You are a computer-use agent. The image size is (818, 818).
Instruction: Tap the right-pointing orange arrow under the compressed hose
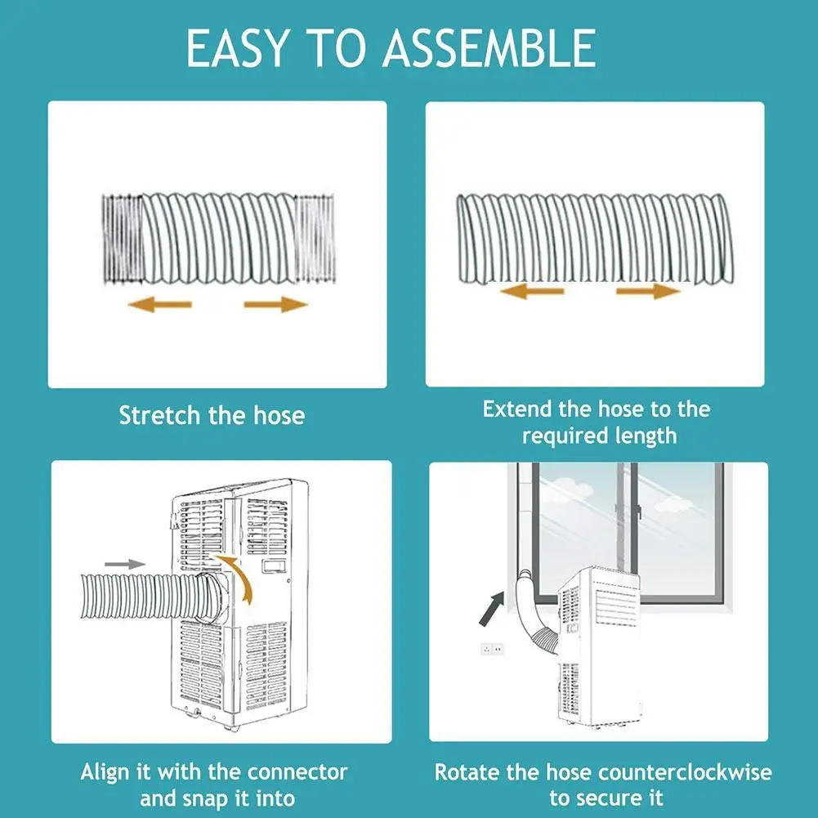275,304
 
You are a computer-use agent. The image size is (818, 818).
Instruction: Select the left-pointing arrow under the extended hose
532,291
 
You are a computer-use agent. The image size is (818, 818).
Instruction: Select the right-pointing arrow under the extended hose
648,291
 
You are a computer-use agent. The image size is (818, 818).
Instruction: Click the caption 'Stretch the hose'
212,415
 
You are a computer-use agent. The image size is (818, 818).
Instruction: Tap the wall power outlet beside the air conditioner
493,649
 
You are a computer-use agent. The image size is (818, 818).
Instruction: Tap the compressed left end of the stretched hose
121,239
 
